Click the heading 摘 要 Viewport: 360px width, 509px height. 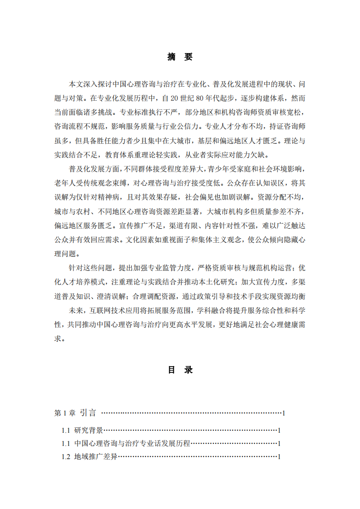click(180, 57)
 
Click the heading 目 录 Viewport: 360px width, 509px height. click(180, 370)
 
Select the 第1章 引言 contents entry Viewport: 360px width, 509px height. click(75, 413)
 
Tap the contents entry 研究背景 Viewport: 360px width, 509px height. click(89, 430)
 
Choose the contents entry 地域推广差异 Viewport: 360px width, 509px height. click(96, 457)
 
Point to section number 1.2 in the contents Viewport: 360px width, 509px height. click(66, 457)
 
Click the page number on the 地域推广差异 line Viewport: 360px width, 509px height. click(279, 457)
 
